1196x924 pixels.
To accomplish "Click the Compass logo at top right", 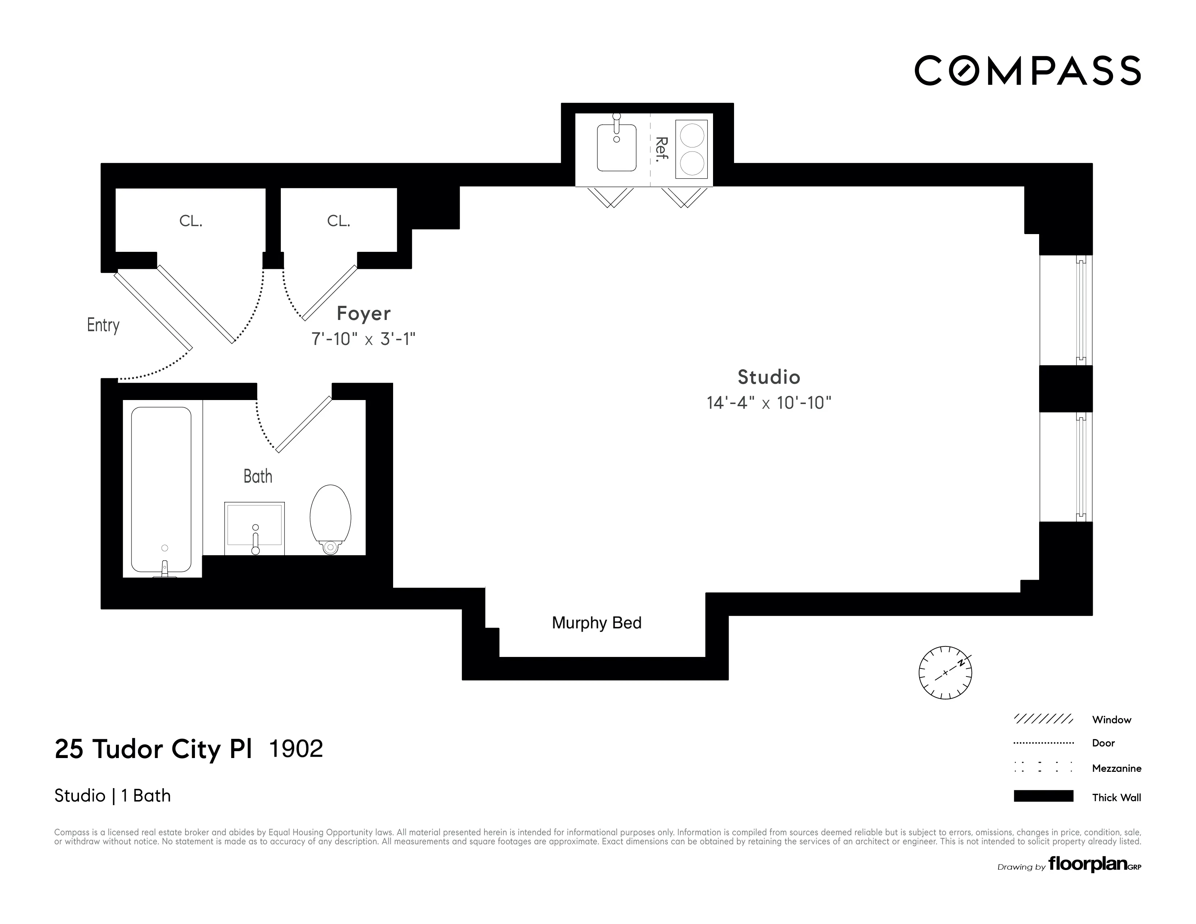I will click(1027, 71).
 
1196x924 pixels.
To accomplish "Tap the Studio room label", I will click(768, 377).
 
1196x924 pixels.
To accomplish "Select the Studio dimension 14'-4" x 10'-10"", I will click(768, 403).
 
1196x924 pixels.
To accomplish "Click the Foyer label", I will click(364, 313).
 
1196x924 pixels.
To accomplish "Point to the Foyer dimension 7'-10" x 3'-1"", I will click(364, 339).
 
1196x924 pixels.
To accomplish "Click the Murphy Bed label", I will click(596, 623).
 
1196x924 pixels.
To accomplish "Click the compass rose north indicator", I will click(945, 673).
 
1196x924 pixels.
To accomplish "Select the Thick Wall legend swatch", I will click(1043, 796).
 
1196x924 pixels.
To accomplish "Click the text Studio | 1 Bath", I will click(112, 795).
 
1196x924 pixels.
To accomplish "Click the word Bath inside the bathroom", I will click(258, 476).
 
